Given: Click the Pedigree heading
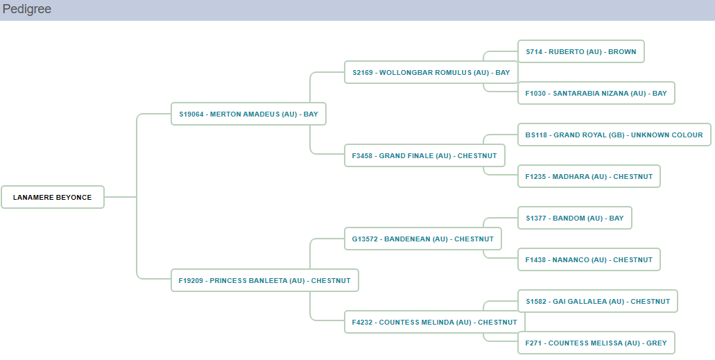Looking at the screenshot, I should click(x=26, y=10).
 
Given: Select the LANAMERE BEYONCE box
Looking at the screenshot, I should click(x=53, y=197).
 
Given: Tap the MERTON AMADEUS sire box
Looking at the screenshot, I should click(x=248, y=114).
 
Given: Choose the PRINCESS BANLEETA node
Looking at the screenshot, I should click(x=264, y=280).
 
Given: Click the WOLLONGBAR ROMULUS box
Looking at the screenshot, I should click(x=431, y=72).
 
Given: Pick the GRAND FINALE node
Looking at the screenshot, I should click(x=424, y=155).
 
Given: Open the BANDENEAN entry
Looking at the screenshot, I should click(x=422, y=239).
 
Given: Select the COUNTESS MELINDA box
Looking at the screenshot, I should click(x=434, y=322).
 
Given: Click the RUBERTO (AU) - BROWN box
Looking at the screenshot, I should click(x=580, y=51).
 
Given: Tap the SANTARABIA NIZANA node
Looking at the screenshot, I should click(x=596, y=93).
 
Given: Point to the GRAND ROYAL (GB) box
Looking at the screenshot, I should click(x=614, y=135).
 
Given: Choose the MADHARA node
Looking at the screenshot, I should click(x=589, y=176).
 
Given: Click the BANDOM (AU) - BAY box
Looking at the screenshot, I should click(x=574, y=218).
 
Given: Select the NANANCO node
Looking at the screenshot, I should click(x=589, y=259).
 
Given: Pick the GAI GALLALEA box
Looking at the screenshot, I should click(x=597, y=301).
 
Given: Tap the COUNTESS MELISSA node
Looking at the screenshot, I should click(x=596, y=343).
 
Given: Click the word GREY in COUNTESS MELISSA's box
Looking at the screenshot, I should click(x=656, y=343).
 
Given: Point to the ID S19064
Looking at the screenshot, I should click(x=191, y=114).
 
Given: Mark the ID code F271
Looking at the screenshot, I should click(x=533, y=343).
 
